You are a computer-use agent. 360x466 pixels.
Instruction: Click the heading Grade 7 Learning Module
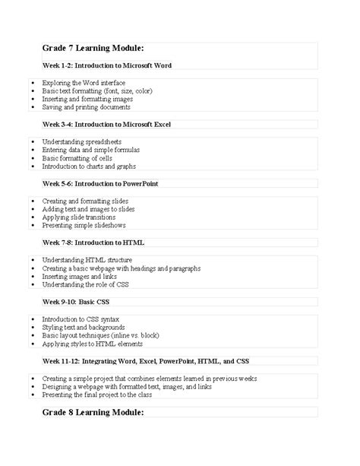(93, 49)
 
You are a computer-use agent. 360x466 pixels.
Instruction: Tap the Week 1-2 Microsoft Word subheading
(107, 65)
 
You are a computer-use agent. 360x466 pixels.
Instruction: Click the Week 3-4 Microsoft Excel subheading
(106, 124)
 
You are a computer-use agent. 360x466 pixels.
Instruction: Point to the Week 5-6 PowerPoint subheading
(100, 183)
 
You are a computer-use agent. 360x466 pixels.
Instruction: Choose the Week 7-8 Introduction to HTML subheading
(93, 243)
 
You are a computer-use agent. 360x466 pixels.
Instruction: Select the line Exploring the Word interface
(84, 82)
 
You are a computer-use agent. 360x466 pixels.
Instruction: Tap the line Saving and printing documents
(87, 107)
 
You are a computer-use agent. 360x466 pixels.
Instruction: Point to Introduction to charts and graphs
(89, 166)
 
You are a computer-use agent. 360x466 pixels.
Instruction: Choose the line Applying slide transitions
(79, 217)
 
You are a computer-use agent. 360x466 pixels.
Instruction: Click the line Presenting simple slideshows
(84, 226)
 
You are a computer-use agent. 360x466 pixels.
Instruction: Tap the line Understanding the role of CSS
(86, 285)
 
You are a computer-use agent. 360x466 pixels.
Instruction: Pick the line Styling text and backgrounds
(84, 328)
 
